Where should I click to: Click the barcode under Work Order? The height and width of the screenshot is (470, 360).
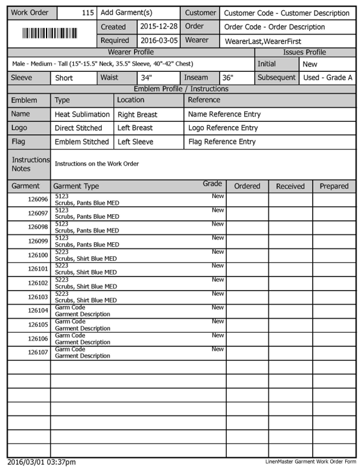point(51,34)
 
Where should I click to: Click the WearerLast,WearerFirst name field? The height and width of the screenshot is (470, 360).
point(262,41)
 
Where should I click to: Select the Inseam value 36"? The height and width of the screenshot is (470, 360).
point(227,78)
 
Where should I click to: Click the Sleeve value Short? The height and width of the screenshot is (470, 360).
point(64,78)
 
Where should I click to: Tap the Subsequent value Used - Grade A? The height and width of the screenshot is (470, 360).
point(327,78)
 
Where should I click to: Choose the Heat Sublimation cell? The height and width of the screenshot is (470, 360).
point(82,115)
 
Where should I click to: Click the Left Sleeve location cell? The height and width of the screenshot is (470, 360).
point(135,142)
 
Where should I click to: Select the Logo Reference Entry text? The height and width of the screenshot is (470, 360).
point(222,128)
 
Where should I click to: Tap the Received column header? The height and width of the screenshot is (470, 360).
point(290,186)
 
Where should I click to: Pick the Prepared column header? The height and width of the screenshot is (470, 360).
point(334,186)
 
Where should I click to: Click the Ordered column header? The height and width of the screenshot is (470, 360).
point(247,186)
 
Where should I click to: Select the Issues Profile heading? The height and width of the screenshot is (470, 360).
point(304,52)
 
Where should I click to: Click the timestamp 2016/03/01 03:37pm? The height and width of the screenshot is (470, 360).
point(42,462)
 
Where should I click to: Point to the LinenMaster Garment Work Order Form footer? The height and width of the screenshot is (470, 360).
point(311,462)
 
